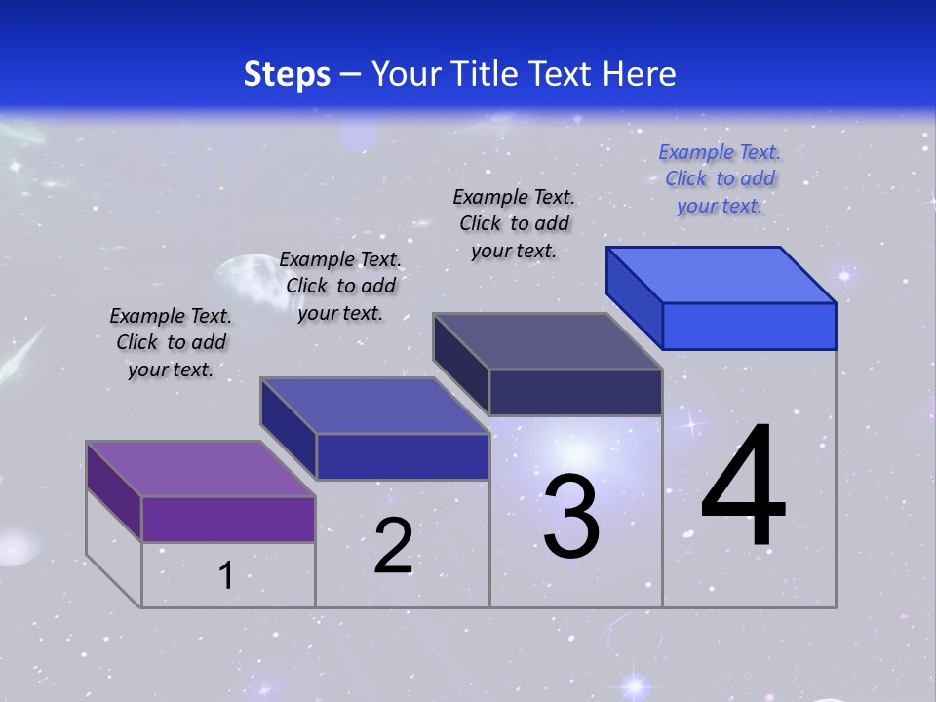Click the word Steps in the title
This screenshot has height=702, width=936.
[x=287, y=74]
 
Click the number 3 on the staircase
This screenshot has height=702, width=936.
[x=571, y=517]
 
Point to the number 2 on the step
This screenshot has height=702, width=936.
[x=393, y=546]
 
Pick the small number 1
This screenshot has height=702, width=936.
[x=226, y=575]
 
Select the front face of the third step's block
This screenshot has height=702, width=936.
[x=575, y=392]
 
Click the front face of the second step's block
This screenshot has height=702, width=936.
[x=403, y=456]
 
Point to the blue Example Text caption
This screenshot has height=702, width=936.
[x=720, y=178]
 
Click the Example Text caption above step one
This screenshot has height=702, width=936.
[x=171, y=342]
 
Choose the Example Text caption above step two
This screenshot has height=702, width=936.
[x=340, y=286]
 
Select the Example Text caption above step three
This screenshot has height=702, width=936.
[x=514, y=223]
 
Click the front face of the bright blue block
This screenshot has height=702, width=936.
[x=749, y=326]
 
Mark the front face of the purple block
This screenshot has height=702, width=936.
[x=228, y=519]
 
